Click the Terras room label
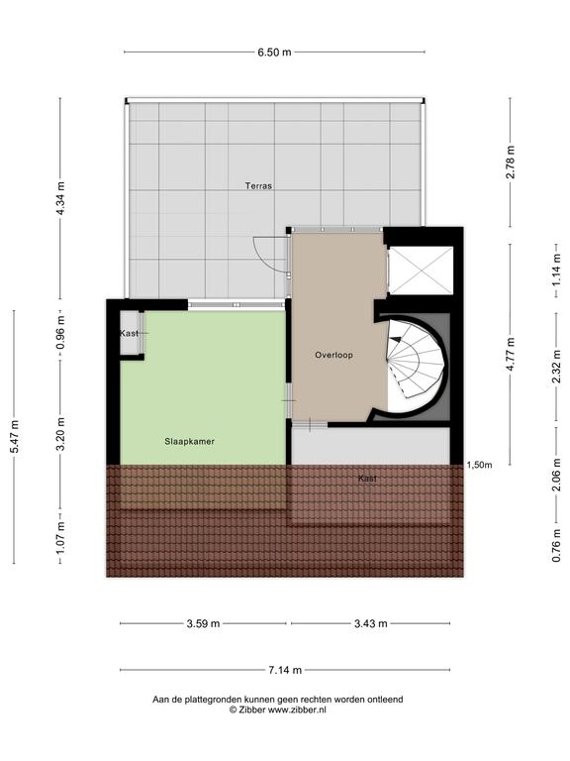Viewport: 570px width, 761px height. click(x=258, y=186)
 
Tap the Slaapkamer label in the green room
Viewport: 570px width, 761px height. click(x=190, y=442)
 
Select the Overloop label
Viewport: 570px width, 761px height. click(x=333, y=356)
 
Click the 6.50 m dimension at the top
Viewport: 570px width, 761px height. click(x=275, y=52)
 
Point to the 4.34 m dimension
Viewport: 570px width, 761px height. click(x=60, y=198)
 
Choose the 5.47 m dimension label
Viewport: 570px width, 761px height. click(x=14, y=437)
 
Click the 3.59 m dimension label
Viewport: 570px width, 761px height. click(x=204, y=623)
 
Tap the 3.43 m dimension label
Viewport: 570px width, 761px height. click(x=371, y=623)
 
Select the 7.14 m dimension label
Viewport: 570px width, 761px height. click(x=285, y=670)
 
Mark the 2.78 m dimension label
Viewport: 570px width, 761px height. click(x=511, y=163)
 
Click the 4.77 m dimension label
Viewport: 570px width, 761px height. click(x=511, y=355)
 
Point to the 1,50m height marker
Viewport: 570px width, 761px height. click(x=479, y=466)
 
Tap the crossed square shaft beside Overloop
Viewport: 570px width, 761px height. click(x=422, y=271)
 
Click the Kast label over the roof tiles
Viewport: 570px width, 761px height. click(x=367, y=479)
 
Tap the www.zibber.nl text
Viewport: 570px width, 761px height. click(x=297, y=709)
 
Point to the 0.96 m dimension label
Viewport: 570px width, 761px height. click(x=60, y=333)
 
